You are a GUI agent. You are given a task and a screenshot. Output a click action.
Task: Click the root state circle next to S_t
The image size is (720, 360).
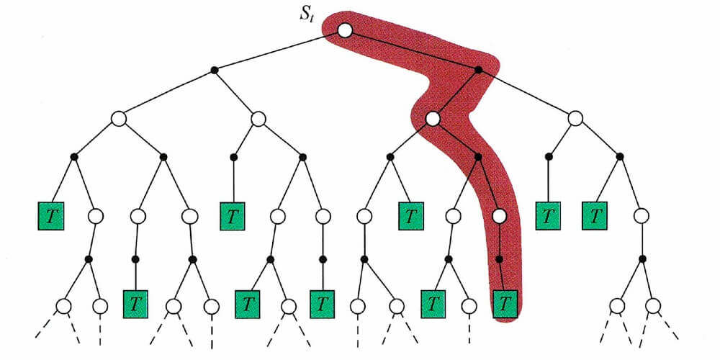[x=345, y=30]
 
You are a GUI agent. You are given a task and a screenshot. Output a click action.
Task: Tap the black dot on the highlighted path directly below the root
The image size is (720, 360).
[x=478, y=70]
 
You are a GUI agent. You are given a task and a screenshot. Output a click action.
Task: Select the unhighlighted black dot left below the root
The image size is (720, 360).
[x=214, y=70]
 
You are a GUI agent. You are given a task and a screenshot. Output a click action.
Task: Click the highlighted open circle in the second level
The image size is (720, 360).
[x=432, y=119]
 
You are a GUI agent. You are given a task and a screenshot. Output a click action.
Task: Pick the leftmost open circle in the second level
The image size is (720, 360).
[x=119, y=119]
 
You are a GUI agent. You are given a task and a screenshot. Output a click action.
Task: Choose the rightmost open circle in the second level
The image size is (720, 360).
[x=575, y=119]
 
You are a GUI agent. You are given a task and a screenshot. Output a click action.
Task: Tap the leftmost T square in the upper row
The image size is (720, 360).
[x=51, y=215]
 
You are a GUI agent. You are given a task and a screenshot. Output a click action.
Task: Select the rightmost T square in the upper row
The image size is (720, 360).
[x=595, y=215]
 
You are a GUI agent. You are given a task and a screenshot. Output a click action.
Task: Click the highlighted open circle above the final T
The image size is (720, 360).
[x=500, y=215]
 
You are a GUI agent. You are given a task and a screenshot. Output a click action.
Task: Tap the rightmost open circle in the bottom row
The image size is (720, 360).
[x=653, y=306]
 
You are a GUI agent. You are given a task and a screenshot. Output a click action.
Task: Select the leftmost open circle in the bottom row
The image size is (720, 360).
[x=63, y=306]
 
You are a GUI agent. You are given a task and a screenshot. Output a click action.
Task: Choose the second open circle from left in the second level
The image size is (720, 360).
[x=258, y=119]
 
